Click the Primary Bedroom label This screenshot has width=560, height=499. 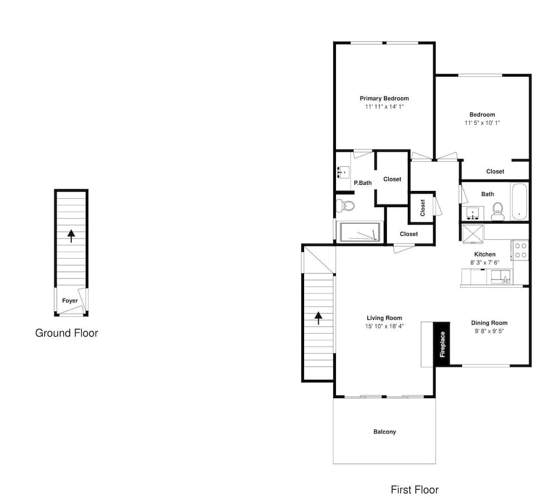point(384,98)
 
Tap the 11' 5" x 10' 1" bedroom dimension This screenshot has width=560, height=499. point(482,123)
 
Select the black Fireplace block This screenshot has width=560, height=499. point(442,344)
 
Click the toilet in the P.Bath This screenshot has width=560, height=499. point(346,205)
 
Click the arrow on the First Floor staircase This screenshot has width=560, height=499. point(318,318)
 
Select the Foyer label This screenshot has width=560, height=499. point(69,301)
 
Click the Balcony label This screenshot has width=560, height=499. point(385,432)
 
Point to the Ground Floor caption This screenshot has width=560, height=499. point(67,333)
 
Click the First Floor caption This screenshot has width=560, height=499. point(414,489)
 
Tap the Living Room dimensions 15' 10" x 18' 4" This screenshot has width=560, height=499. point(384,326)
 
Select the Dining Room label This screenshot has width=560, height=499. point(489,323)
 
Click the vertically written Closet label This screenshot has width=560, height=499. point(422,208)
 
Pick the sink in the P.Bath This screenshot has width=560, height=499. point(343,172)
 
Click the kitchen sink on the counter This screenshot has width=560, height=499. point(501,277)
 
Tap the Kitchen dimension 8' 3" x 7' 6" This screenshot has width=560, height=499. point(484,263)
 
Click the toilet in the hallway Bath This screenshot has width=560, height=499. point(497,212)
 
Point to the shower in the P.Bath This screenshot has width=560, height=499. point(360,232)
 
